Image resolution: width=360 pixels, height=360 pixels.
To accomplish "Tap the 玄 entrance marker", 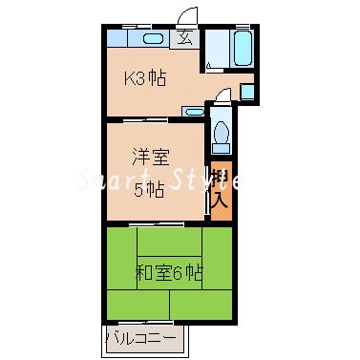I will click(183, 39).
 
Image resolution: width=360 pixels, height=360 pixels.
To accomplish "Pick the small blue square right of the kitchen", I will click(246, 93).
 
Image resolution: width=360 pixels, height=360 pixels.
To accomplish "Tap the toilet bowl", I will click(222, 134).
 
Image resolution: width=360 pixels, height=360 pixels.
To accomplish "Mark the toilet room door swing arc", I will click(221, 97).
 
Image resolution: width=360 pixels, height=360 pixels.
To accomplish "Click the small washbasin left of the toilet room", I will click(194, 112).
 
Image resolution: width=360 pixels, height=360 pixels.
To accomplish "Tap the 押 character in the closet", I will click(221, 179).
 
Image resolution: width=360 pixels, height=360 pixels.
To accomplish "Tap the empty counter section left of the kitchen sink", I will click(121, 39).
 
